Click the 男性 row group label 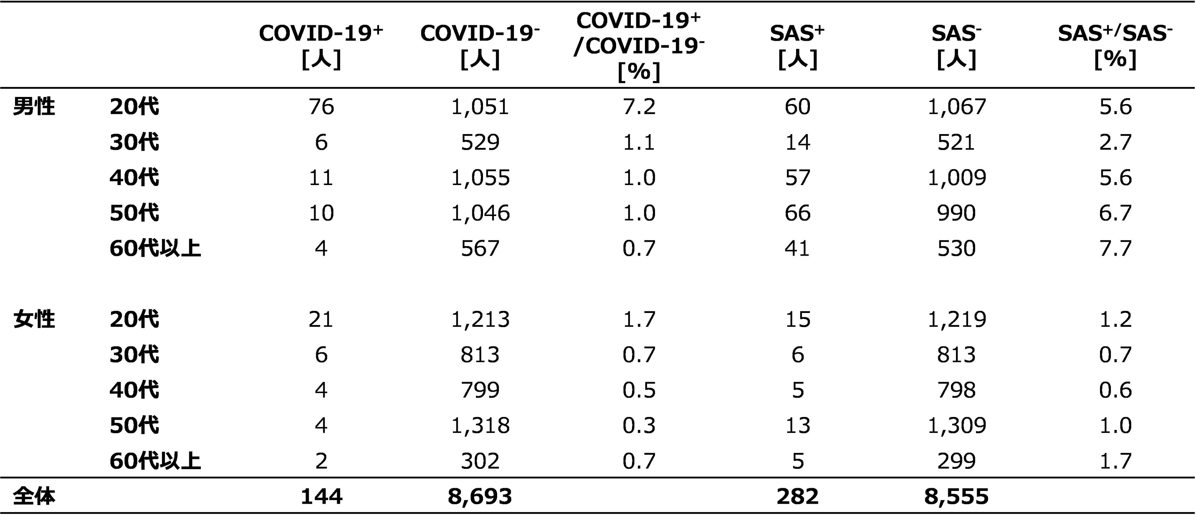[34, 107]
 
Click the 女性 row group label [34, 319]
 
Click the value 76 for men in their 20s [321, 107]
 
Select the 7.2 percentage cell [639, 107]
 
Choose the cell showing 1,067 [956, 107]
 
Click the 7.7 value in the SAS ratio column [1115, 249]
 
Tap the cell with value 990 [956, 213]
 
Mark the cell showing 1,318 [480, 425]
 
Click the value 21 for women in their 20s [321, 319]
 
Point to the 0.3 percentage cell [639, 425]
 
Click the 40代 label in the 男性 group [134, 178]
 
